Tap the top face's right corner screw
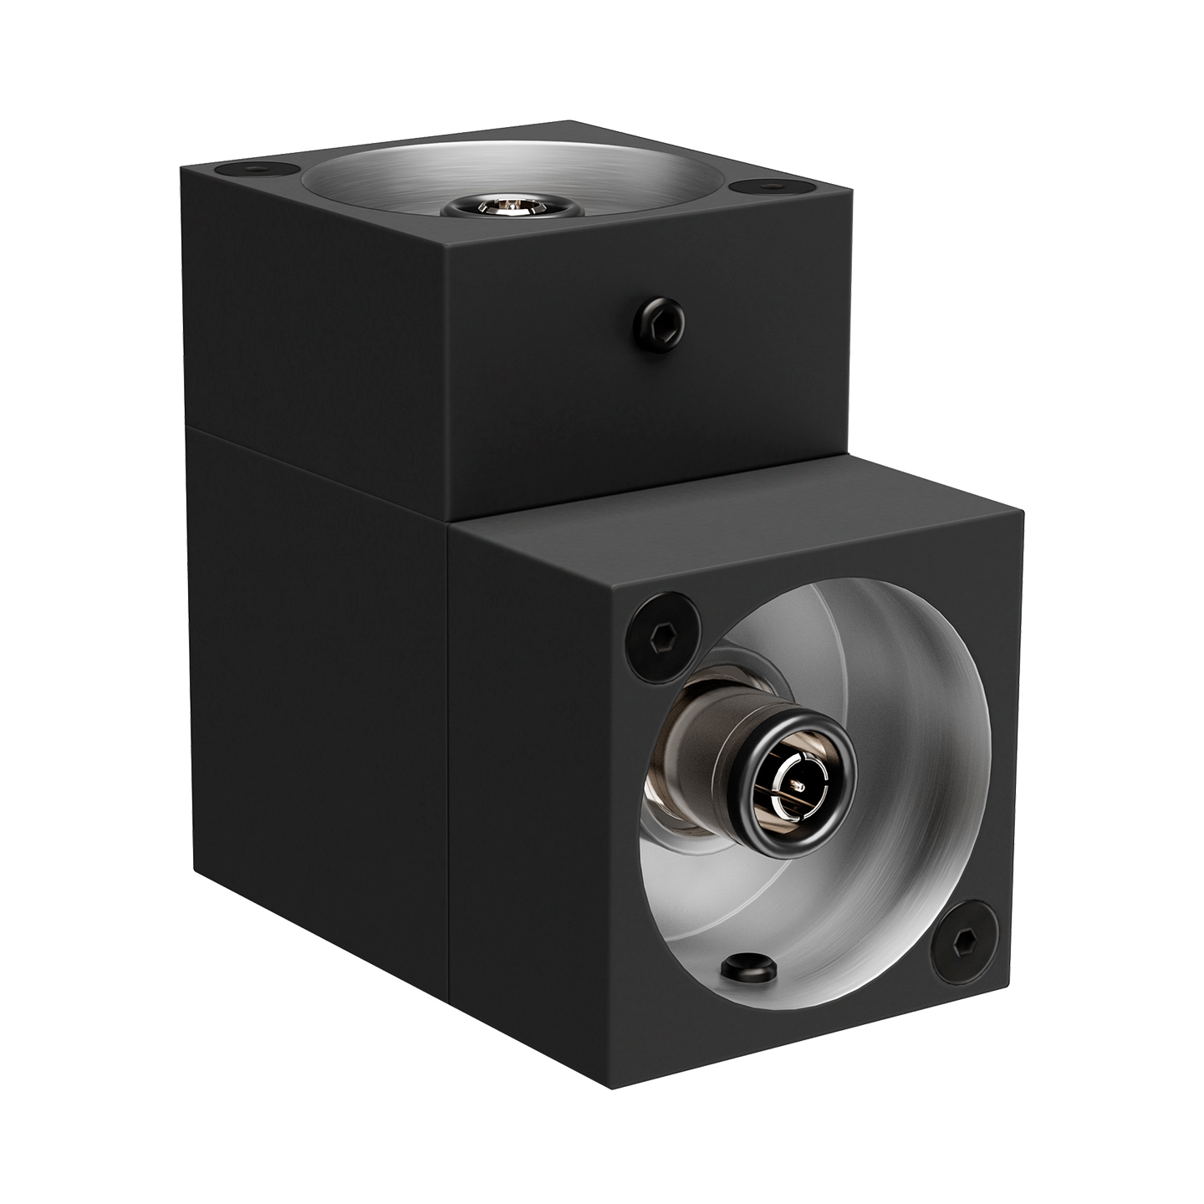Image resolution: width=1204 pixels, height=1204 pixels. coord(762,186)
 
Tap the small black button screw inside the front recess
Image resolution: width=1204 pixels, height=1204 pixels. coord(749,969)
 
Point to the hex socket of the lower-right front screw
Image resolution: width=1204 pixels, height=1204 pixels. coord(964,942)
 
